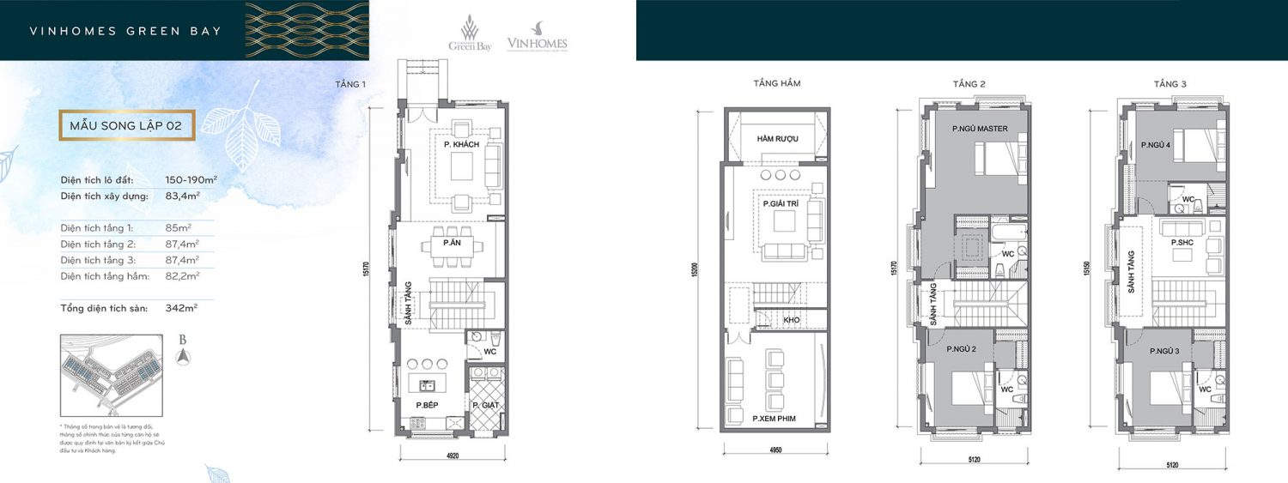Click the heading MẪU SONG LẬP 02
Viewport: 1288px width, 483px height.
126,125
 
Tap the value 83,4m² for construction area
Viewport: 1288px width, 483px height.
181,196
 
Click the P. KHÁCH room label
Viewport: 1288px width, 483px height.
461,145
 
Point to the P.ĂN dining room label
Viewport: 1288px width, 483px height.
452,245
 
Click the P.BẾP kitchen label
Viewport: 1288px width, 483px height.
428,405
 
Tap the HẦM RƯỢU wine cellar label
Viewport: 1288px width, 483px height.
777,139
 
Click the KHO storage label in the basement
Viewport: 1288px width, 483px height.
791,320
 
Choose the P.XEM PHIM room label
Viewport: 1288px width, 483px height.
775,418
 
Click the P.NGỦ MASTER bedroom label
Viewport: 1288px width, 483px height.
979,129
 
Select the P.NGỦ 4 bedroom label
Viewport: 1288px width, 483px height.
1156,145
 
